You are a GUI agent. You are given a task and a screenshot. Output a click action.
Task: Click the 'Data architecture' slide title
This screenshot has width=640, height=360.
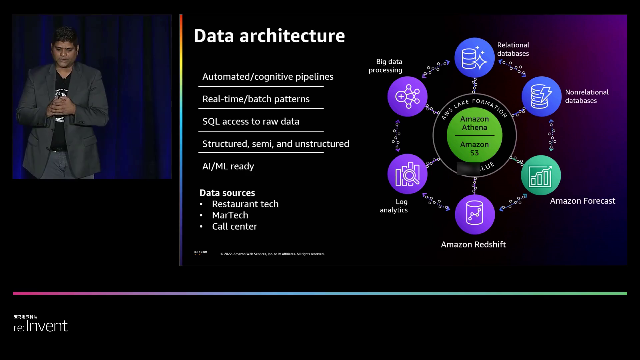coord(269,36)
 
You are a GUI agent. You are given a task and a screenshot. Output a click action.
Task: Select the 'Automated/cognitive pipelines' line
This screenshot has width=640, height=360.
coord(268,77)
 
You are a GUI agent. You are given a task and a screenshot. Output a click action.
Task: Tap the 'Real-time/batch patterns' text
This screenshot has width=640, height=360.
coord(256,99)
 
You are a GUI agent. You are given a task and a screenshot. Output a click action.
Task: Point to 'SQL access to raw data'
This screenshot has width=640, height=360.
coord(251,121)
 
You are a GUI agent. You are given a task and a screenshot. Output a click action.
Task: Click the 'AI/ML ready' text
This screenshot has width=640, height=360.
coord(228,166)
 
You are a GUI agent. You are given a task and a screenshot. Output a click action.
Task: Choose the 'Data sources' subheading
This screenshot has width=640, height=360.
coord(227,193)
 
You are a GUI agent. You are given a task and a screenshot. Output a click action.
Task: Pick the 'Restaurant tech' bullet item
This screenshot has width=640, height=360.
coord(245,204)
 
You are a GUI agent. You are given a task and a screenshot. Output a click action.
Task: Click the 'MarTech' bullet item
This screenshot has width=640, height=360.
coord(230,215)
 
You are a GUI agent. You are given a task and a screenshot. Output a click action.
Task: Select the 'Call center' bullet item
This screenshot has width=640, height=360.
coord(234,226)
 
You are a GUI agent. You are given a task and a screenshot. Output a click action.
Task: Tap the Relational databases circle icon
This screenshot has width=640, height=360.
coord(474,58)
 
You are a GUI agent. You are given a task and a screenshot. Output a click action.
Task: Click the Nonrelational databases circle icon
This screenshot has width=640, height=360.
coord(541,96)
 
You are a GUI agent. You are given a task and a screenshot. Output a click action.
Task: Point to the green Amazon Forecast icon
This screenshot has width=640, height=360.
coord(541,175)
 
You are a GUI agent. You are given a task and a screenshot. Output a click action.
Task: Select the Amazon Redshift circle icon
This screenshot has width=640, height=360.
coord(475,214)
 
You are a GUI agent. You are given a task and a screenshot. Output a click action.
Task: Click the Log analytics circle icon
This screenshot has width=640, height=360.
coord(407,174)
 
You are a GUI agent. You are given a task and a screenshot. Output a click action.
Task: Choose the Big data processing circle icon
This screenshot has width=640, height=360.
coord(407,96)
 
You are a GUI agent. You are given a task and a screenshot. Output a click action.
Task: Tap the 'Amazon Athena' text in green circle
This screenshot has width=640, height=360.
coord(474,123)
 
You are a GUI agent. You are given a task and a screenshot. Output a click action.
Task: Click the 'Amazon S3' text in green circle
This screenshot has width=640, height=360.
coord(474,149)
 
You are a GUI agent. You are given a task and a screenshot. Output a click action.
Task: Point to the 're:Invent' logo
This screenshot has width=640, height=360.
coord(40,326)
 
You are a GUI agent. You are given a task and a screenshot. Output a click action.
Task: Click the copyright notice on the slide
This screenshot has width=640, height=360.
coord(272,254)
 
